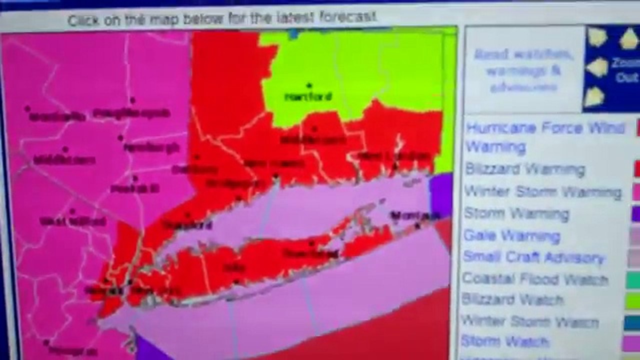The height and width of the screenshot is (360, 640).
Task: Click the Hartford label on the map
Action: click(x=308, y=96)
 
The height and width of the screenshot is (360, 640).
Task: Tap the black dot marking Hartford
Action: click(x=309, y=86)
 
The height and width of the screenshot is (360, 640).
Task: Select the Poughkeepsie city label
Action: click(x=131, y=114)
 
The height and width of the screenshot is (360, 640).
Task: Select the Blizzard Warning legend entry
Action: click(x=525, y=169)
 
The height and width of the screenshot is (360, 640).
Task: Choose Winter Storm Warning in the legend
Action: click(x=542, y=191)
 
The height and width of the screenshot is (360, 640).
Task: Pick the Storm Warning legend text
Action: click(x=516, y=213)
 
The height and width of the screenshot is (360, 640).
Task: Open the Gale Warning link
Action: click(x=512, y=235)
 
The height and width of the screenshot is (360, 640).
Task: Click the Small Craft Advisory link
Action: click(x=533, y=257)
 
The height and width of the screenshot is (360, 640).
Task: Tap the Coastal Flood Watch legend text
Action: click(x=535, y=278)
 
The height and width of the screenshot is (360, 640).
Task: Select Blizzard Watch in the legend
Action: click(x=512, y=299)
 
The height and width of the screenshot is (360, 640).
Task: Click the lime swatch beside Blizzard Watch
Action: click(x=632, y=300)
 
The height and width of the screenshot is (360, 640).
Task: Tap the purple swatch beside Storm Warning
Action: click(x=635, y=214)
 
